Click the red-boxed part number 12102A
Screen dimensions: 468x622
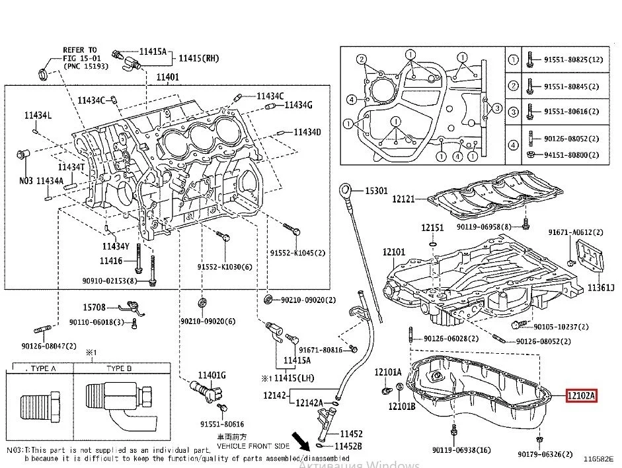(x=582, y=396)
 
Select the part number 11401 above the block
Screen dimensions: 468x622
(x=167, y=77)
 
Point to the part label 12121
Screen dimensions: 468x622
(x=403, y=198)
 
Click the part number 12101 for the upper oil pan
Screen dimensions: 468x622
(x=394, y=251)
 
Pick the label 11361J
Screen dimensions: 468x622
(x=602, y=288)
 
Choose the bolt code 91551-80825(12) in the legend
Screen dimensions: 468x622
(x=574, y=60)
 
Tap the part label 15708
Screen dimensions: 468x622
(x=94, y=308)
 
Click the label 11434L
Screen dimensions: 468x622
(x=38, y=116)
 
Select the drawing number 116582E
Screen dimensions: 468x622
(x=598, y=457)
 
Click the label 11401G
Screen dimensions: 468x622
(x=213, y=376)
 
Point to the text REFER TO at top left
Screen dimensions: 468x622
(x=79, y=50)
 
